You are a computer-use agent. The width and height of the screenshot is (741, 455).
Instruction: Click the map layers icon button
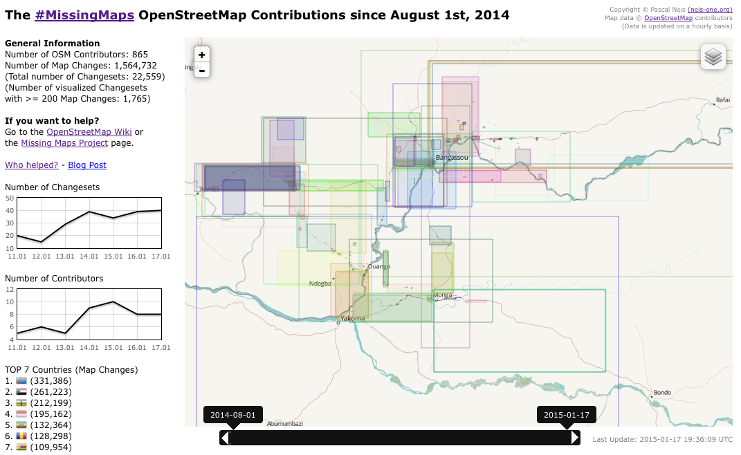(713, 57)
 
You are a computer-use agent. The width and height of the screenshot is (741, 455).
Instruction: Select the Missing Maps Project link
(64, 142)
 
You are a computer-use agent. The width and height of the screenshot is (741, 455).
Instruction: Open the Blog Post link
(87, 165)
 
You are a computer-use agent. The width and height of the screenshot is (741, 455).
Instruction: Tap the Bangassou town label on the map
(452, 158)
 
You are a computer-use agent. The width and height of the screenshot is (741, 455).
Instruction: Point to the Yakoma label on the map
(352, 318)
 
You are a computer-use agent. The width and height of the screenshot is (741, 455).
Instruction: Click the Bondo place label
(662, 393)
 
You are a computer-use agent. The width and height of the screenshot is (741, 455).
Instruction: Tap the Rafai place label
(723, 100)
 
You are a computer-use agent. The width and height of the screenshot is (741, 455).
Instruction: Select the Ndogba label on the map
(320, 283)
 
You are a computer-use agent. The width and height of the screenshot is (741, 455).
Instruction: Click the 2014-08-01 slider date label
(233, 415)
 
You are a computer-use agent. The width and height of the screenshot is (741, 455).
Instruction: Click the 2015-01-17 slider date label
(566, 415)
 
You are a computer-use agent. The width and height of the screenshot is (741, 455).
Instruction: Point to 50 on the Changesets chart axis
(10, 198)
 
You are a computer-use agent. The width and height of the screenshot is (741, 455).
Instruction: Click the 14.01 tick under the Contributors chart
(89, 346)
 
